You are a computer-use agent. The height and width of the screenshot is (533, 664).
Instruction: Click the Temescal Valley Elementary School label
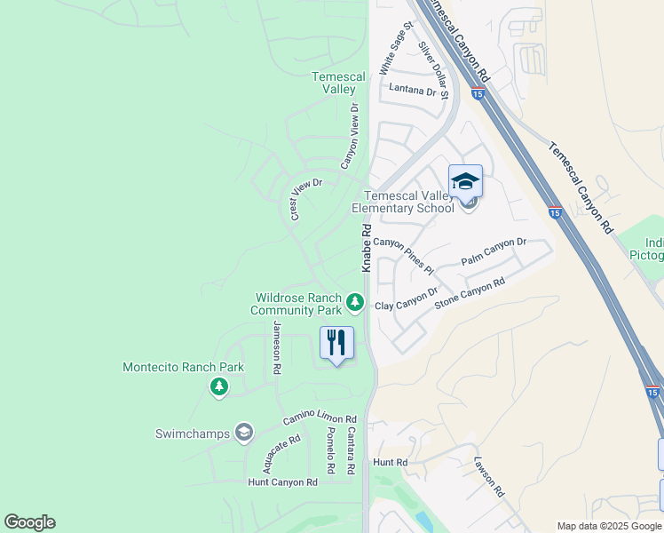click(403, 202)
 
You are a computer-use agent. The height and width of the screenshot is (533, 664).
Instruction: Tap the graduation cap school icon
click(465, 182)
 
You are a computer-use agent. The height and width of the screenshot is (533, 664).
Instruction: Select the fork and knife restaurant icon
click(336, 343)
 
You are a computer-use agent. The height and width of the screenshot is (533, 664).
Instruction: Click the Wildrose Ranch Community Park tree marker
click(355, 303)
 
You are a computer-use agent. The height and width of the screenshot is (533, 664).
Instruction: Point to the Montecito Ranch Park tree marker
click(218, 386)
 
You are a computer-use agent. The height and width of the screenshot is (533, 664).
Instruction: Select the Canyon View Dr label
click(351, 136)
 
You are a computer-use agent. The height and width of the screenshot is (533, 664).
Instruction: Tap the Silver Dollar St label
click(434, 69)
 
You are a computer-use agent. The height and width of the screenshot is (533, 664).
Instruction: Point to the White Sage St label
click(396, 50)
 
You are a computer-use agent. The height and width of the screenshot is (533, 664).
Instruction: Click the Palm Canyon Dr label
click(494, 252)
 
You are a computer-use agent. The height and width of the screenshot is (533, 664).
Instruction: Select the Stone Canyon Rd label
click(470, 294)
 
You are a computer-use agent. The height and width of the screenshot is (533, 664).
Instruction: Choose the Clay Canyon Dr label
click(407, 299)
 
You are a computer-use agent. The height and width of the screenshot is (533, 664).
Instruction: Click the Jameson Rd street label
click(277, 347)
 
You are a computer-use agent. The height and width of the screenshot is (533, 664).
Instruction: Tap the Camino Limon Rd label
click(320, 419)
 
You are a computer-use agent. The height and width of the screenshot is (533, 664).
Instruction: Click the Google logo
click(29, 522)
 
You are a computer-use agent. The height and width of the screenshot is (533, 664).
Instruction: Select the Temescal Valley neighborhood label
click(338, 83)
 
